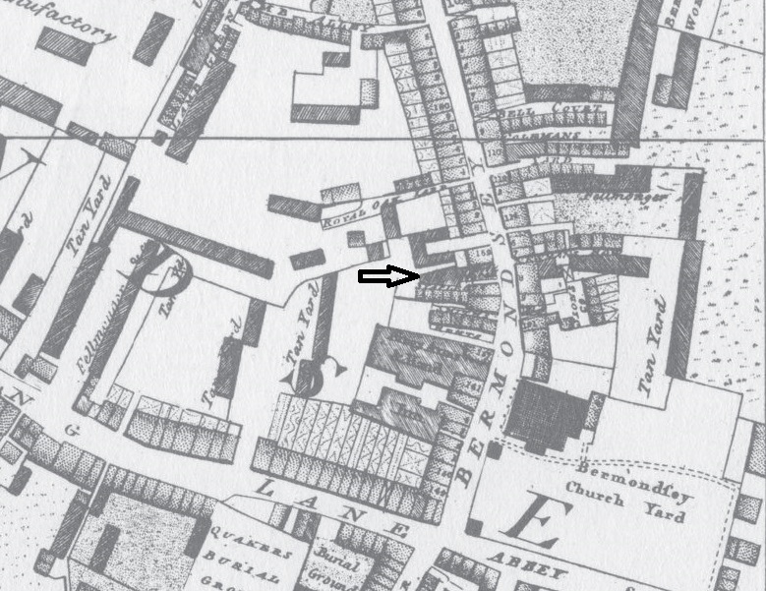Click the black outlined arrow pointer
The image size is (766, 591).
[x=388, y=277]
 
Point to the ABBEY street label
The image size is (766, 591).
[x=536, y=570]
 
